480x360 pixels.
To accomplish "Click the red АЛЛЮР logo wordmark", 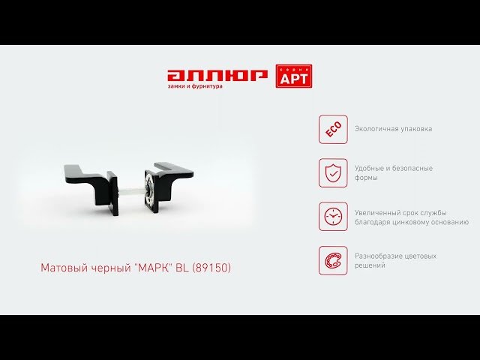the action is tap(217, 76).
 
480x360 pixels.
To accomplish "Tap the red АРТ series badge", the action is tap(294, 76).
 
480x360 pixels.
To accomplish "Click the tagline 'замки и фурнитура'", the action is tap(195, 86).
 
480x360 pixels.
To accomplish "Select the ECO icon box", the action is tap(333, 129).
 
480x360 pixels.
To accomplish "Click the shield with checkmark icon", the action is tap(333, 173).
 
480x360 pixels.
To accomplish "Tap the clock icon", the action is tap(333, 217).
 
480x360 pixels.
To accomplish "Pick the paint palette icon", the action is tap(333, 260).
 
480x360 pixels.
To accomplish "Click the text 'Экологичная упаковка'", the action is tap(393, 129).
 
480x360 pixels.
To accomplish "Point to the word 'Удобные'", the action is tap(370, 168).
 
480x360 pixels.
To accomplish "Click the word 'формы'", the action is tap(366, 178).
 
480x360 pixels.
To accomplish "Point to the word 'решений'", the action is tap(370, 265).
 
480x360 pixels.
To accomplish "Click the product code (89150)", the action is tap(211, 268).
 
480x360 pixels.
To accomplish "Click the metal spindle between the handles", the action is tap(130, 192).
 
